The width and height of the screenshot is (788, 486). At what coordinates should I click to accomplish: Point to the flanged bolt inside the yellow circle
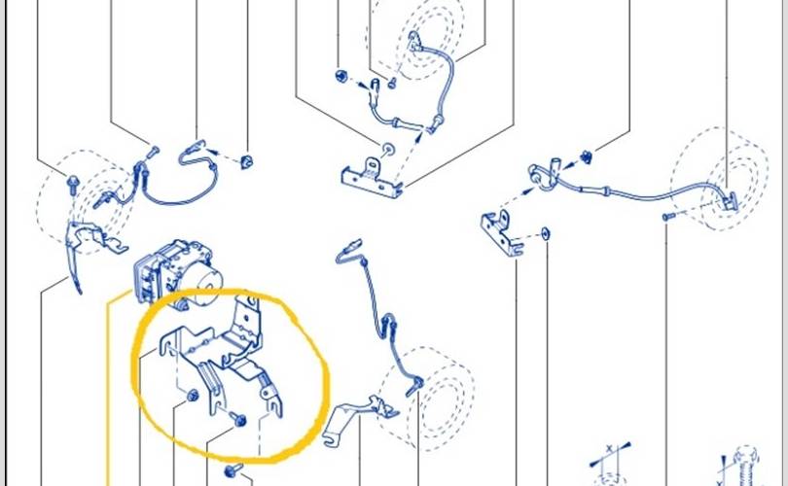tap(238, 420)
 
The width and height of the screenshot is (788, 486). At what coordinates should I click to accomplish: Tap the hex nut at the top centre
tap(341, 75)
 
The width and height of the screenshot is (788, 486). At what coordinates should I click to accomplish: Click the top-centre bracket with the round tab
tap(370, 178)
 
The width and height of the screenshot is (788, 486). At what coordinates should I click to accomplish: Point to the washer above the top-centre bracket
tap(389, 150)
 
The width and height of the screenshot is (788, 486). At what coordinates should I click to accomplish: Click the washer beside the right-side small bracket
tap(545, 233)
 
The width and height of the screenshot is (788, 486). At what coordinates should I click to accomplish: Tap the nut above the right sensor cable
tap(587, 156)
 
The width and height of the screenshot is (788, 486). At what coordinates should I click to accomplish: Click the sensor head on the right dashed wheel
tap(731, 201)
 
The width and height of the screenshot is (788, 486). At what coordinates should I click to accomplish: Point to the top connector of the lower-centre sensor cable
tap(347, 252)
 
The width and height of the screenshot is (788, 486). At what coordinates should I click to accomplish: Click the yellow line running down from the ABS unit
tap(108, 389)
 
